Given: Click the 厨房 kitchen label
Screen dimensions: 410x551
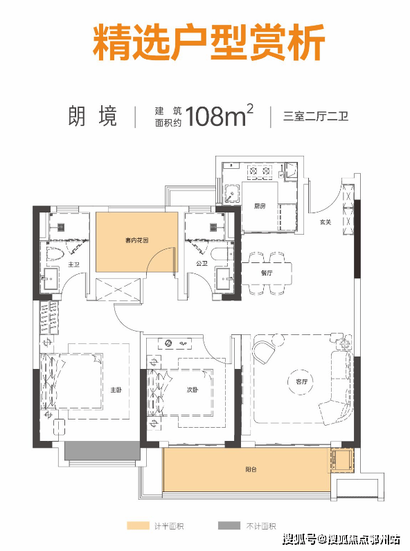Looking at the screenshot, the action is [260, 206].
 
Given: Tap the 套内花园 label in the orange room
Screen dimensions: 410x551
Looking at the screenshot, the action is [137, 240].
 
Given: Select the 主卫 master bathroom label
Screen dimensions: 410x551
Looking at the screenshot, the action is [74, 264].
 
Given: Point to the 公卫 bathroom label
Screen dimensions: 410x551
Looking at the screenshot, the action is [202, 263].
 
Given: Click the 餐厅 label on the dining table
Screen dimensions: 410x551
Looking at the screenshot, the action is [267, 273].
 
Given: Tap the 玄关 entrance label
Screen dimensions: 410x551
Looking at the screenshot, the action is [326, 222].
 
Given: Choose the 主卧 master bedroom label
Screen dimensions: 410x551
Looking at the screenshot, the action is [116, 390].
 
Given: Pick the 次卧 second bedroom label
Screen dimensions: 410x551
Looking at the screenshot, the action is [193, 390].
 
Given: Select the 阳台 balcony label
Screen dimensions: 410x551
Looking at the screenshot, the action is [251, 469].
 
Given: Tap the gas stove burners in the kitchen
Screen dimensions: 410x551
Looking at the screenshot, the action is [260, 171].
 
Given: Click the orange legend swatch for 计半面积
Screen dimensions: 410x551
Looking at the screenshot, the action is [138, 525].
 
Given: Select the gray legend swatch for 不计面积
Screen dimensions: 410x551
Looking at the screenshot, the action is [229, 525].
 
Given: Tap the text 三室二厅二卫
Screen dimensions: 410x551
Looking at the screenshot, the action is [316, 116].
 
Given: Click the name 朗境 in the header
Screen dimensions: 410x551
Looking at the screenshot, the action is [93, 116].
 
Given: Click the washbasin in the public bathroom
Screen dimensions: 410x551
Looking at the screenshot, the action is [224, 279].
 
